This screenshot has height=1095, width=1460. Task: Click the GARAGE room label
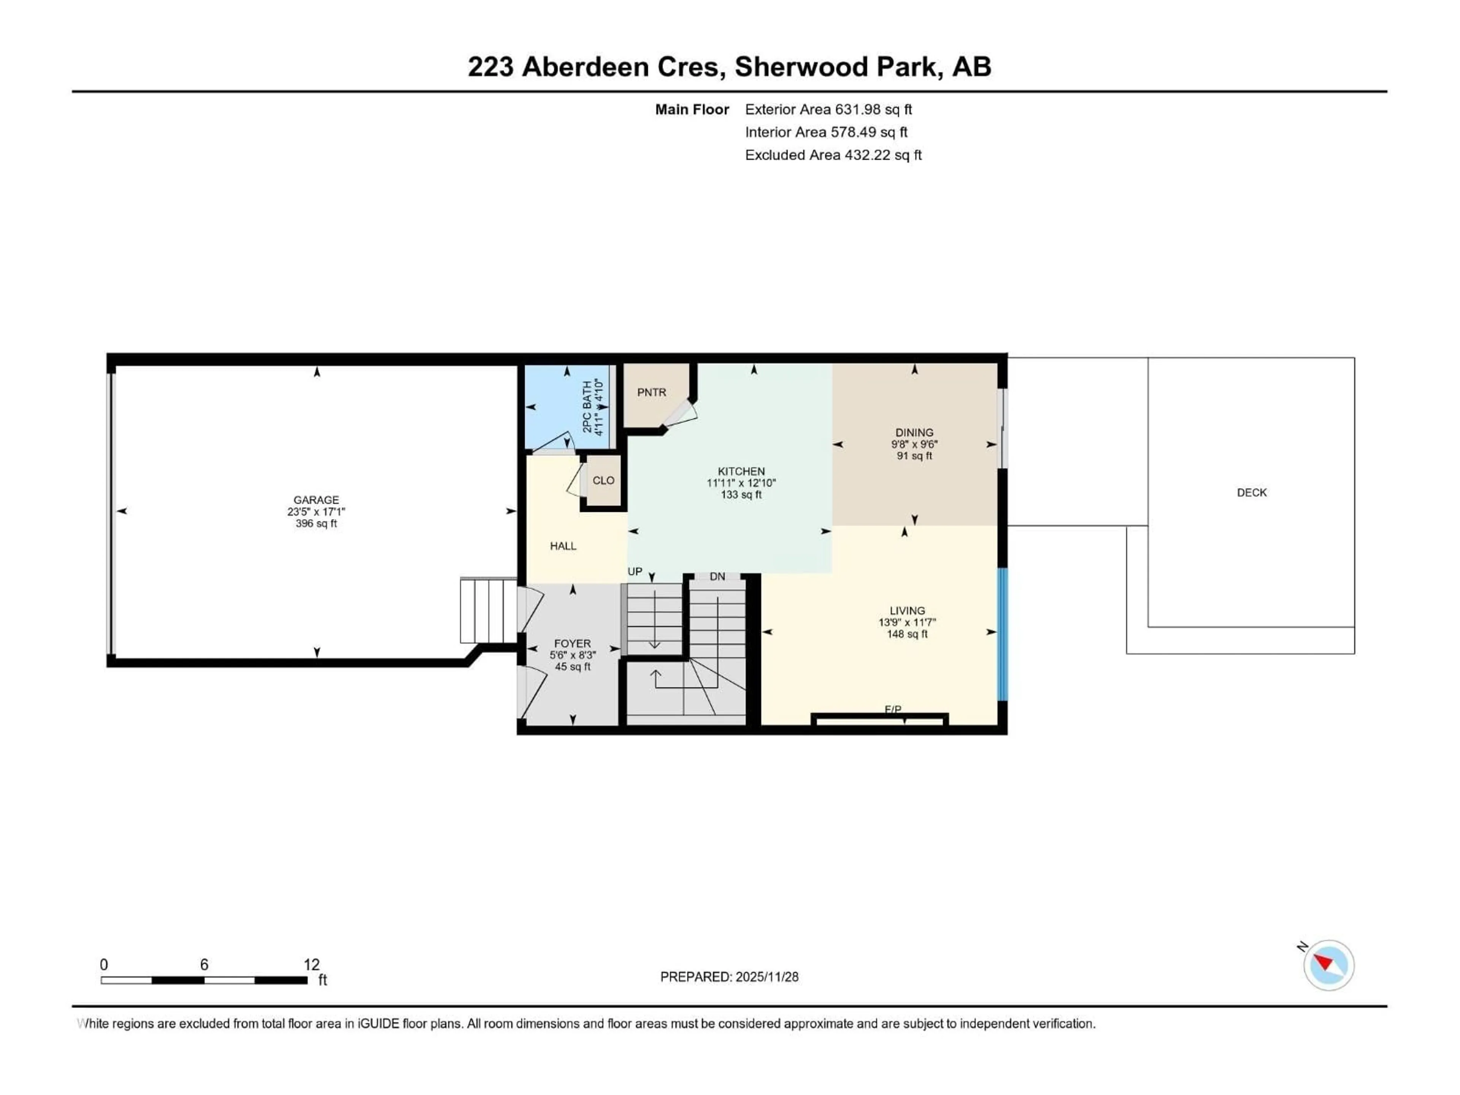pos(316,500)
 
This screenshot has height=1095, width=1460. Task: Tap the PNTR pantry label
pos(651,392)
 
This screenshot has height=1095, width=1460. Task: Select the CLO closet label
pos(603,481)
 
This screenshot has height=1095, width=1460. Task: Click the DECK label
pos(1251,492)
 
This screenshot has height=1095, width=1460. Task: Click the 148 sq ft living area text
pos(907,634)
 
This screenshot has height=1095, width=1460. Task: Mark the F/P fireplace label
pos(892,709)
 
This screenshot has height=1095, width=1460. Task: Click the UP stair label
pos(634,571)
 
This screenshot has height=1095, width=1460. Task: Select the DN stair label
pos(717,577)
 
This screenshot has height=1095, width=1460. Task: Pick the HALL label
pos(563,546)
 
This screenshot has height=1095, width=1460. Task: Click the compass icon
pos(1329,965)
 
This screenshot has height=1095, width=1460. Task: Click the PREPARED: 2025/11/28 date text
pos(729,977)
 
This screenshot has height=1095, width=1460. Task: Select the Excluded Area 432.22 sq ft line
pos(833,155)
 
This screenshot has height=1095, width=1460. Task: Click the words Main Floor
pos(692,109)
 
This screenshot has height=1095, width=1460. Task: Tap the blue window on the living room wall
pos(1002,634)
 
